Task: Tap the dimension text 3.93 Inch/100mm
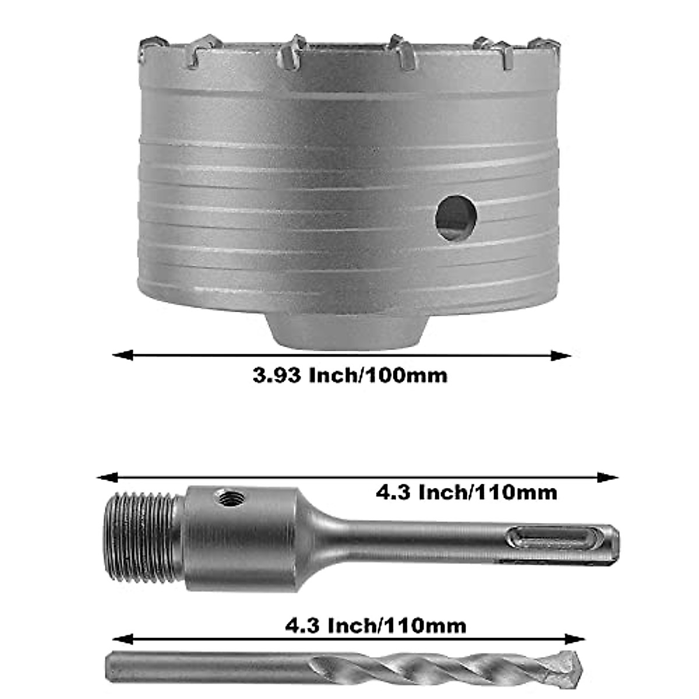point(350,375)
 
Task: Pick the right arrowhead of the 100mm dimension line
point(562,355)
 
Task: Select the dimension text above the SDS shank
point(466,493)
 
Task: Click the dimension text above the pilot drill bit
point(376,626)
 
